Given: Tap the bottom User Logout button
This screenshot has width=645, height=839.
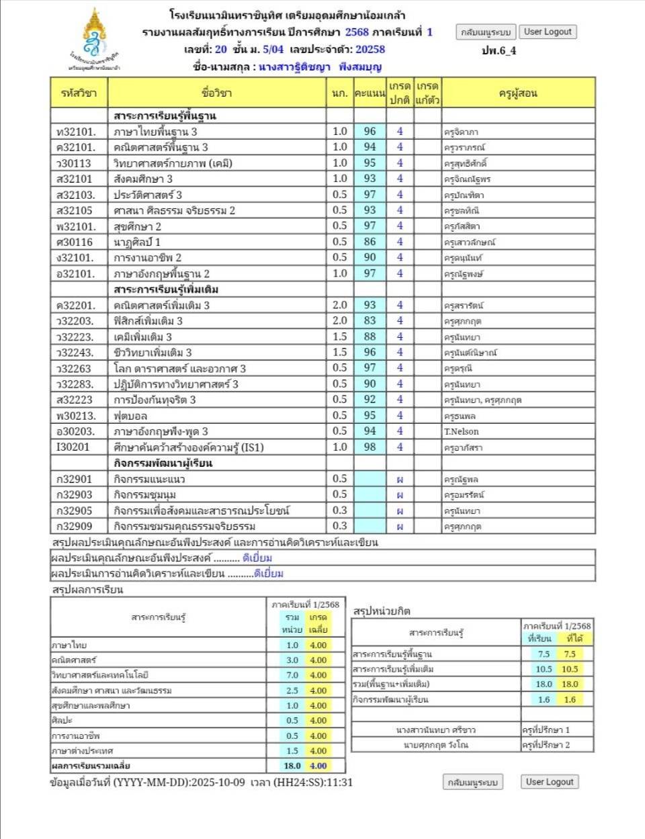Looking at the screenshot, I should coord(550,782).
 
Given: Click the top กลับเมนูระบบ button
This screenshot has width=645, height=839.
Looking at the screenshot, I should coord(486,32).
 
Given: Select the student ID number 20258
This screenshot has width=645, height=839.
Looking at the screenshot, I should coord(370,49).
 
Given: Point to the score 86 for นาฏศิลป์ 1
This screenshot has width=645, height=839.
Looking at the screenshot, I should coord(370,242).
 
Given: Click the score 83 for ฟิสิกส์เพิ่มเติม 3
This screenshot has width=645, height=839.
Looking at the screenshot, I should coord(370,321).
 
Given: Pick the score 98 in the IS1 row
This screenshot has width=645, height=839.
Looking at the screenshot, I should coord(370,447).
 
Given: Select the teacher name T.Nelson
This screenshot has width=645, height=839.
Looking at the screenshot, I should coord(462,432).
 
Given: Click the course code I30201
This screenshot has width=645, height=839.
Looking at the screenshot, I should coord(73,447).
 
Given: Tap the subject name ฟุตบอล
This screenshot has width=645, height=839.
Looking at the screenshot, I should coord(130,416).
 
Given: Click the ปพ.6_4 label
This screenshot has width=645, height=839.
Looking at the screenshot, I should coord(499,50).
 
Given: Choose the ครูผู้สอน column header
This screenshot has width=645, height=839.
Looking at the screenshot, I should coord(518,93).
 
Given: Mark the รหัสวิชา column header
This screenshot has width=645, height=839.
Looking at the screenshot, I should coord(79,93).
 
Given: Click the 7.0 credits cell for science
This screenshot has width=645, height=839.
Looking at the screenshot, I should coord(292,675).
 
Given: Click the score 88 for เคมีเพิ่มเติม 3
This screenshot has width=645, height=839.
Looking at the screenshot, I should coord(370,337).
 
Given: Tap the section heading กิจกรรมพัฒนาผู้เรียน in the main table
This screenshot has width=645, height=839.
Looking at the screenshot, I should coord(163,463).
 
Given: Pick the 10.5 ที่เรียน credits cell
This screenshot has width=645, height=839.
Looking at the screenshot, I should coord(544,669).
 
